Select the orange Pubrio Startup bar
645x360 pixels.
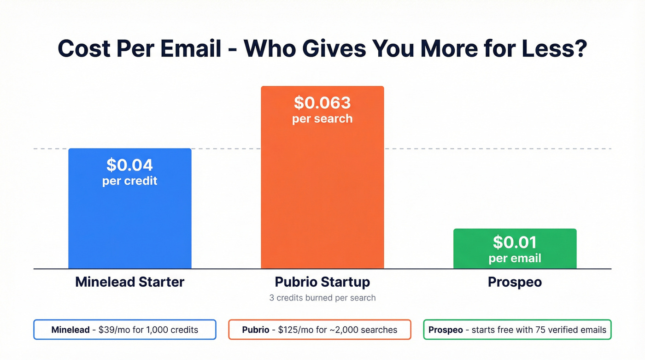pos(322,194)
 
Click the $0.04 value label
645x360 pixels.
pos(129,165)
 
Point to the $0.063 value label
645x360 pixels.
pos(322,102)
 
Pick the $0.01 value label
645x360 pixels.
pos(515,242)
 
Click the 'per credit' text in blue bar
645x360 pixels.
pos(129,181)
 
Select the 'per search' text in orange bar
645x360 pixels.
pos(322,118)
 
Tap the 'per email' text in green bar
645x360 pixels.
pos(515,258)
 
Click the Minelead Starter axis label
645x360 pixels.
pos(129,282)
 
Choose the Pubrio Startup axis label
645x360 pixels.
pos(322,282)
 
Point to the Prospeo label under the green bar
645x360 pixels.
pos(515,282)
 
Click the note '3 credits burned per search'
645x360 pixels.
pos(322,298)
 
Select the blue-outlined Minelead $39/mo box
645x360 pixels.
pos(124,330)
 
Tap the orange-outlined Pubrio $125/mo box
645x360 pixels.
pos(319,330)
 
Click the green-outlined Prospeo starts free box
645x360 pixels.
pos(517,330)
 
